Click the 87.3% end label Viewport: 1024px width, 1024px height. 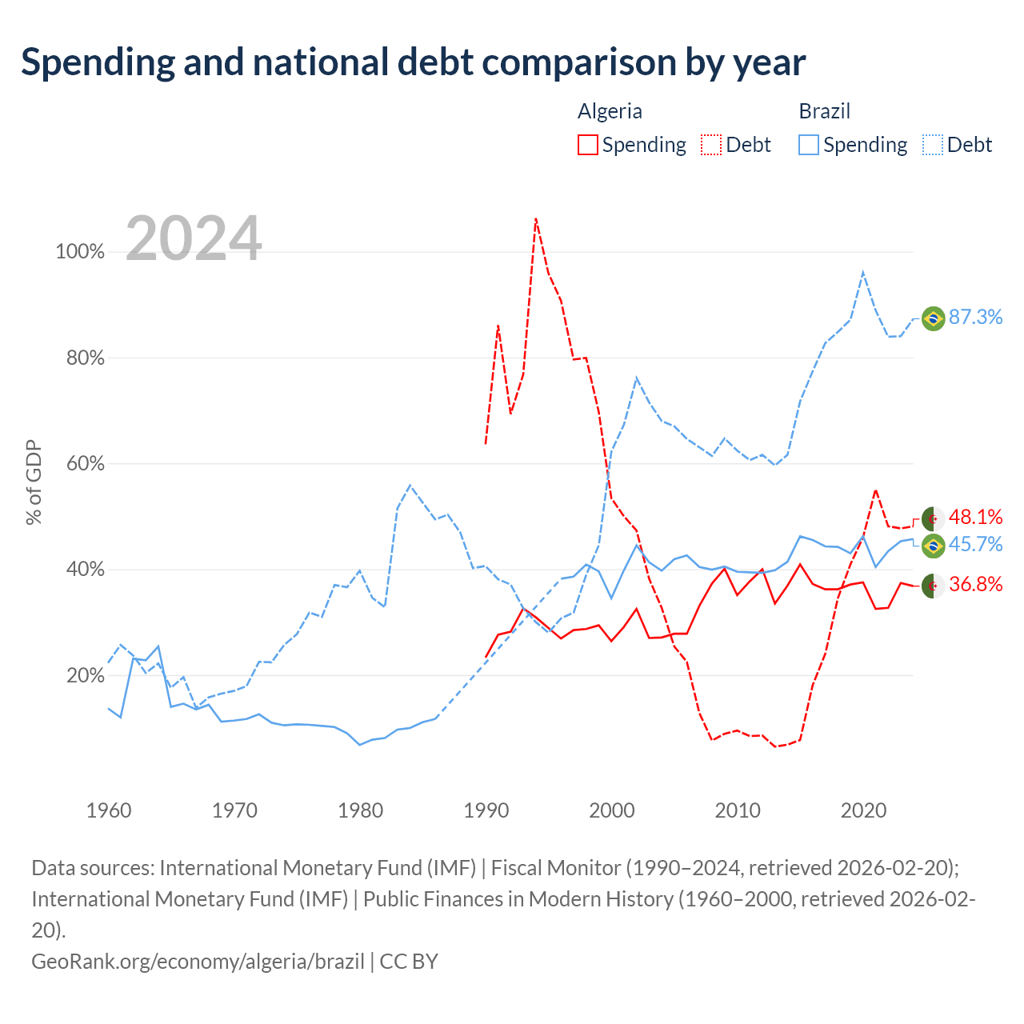tap(975, 318)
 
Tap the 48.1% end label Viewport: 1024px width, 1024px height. tap(975, 517)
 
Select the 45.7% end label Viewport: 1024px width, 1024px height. tap(975, 545)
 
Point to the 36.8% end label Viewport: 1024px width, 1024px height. tap(975, 585)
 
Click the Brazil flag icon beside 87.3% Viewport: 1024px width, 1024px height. tap(933, 319)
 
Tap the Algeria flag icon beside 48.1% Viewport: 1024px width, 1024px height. tap(933, 519)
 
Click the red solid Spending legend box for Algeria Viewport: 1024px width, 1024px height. tap(588, 145)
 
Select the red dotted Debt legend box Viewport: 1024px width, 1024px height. tap(711, 145)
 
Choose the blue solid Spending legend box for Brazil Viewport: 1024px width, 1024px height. tap(809, 145)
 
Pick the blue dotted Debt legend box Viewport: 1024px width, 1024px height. tap(933, 145)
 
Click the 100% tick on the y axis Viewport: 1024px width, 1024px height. tap(80, 252)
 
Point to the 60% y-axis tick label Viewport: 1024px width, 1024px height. tap(85, 464)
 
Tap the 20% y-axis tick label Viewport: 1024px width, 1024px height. tap(85, 676)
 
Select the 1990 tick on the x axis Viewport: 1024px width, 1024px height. tap(486, 811)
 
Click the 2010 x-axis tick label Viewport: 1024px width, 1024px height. tap(738, 811)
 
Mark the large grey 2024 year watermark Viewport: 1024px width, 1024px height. tap(194, 238)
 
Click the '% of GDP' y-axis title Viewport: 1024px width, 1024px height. tap(34, 482)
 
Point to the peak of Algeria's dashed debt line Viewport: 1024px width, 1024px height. tap(536, 218)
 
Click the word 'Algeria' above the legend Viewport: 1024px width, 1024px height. tap(610, 111)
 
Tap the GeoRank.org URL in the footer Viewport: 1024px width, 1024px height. tap(198, 962)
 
